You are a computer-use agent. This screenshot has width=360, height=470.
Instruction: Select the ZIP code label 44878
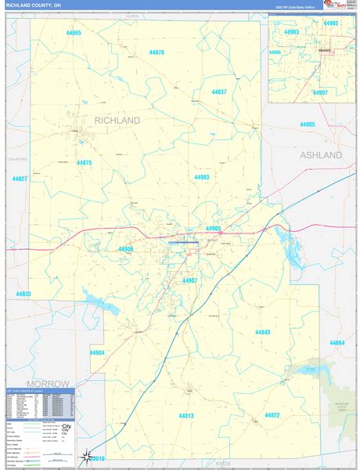pos(156,52)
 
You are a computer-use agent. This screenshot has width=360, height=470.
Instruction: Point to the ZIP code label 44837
pos(219,92)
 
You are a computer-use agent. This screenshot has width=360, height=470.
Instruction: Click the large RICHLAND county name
pos(117,121)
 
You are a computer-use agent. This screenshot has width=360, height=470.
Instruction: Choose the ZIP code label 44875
pos(85,162)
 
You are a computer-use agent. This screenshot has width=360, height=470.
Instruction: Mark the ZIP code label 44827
pos(20,179)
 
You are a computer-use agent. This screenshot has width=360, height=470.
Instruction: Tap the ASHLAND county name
pos(321,156)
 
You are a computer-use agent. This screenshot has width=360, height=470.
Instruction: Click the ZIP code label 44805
pos(307,125)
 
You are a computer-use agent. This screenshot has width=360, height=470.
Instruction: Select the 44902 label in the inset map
pos(331,23)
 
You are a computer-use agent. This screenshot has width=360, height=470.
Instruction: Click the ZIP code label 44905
pos(214,228)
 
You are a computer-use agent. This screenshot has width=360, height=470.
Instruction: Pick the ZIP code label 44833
pos(23,294)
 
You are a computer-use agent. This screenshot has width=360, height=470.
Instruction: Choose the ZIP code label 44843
pos(262,332)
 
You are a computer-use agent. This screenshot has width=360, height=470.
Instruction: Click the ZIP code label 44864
pos(337,343)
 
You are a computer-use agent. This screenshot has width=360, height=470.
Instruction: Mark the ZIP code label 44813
pos(185,415)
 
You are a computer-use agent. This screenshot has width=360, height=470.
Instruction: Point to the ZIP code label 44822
pos(272,414)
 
